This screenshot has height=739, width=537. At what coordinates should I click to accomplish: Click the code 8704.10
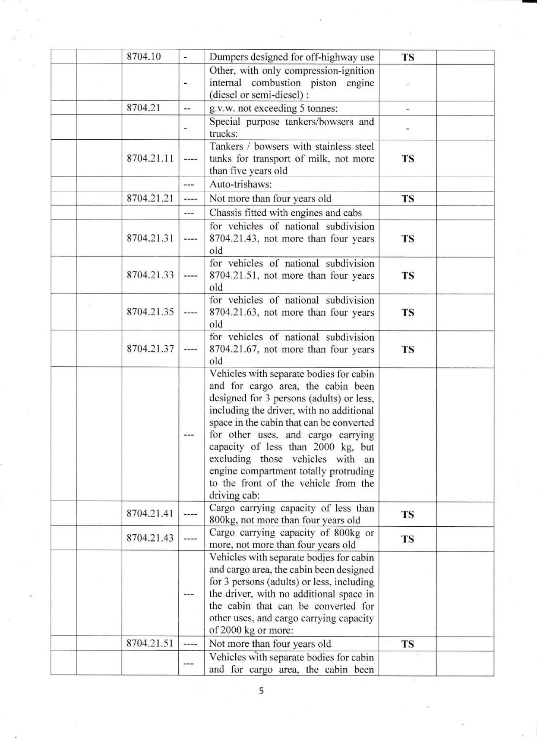tap(144, 57)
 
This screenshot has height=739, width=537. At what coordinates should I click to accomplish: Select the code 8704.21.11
tap(150, 159)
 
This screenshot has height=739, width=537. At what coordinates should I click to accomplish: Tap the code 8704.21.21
tap(150, 198)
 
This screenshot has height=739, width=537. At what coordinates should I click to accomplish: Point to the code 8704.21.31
tap(150, 238)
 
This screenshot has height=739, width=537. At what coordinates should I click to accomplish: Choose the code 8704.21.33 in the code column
tap(150, 275)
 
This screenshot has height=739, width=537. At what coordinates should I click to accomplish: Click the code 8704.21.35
tap(150, 312)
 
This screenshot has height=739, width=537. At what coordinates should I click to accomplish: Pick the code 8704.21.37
tap(150, 349)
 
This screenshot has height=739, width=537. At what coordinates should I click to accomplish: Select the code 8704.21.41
tap(150, 514)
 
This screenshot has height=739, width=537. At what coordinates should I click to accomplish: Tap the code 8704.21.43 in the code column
tap(150, 538)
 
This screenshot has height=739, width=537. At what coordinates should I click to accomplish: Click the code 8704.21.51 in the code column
tap(150, 643)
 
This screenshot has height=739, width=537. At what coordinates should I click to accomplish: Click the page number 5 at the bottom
tap(261, 691)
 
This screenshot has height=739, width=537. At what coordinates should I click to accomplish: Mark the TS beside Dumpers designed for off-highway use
tap(407, 57)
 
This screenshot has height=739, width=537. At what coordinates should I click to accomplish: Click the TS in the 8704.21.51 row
tap(407, 644)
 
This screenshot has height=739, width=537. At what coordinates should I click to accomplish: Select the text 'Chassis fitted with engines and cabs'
tap(285, 213)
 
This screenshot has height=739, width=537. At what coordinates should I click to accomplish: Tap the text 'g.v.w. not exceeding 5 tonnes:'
tap(274, 108)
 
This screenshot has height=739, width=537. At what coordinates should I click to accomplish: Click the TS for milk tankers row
tap(407, 159)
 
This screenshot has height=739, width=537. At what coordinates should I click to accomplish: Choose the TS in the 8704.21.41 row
tap(407, 514)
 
